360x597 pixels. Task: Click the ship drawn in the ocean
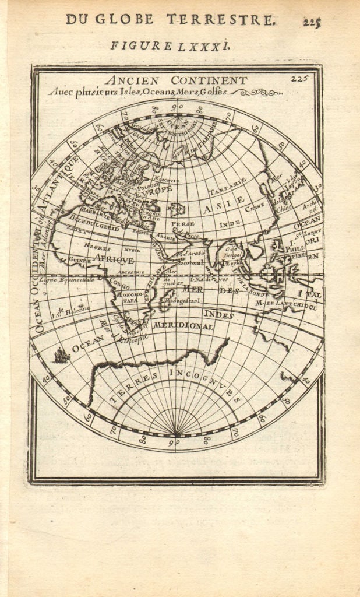pyautogui.click(x=61, y=354)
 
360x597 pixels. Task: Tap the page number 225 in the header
pyautogui.click(x=312, y=22)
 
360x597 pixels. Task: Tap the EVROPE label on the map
pyautogui.click(x=154, y=190)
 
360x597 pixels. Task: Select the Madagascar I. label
pyautogui.click(x=182, y=301)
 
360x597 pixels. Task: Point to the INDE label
pyautogui.click(x=230, y=224)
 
